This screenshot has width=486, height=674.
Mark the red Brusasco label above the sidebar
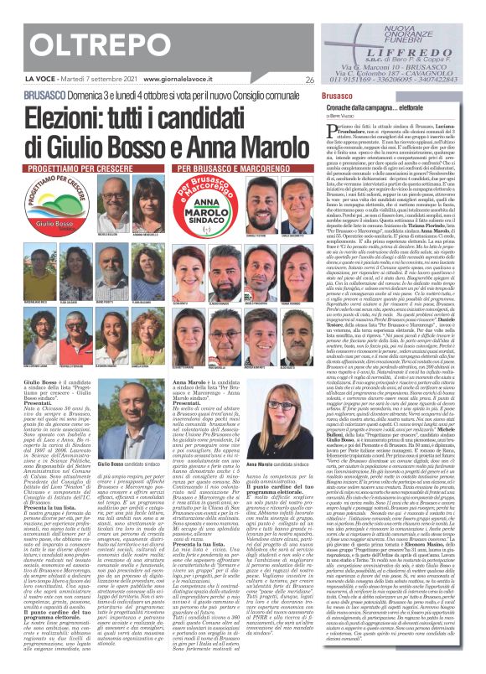(x=336, y=97)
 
